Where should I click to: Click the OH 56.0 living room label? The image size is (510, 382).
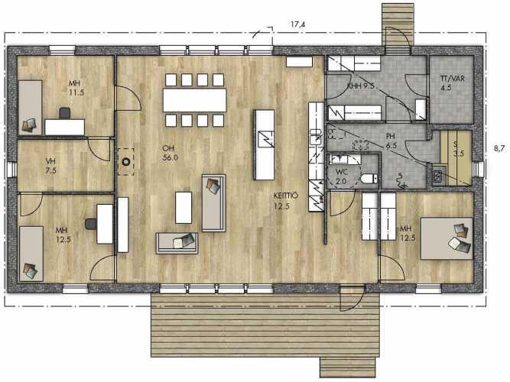(170, 153)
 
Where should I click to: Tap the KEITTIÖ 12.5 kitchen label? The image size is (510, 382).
(281, 201)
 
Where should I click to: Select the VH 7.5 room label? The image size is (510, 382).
(51, 166)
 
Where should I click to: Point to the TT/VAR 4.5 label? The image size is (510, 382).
(452, 83)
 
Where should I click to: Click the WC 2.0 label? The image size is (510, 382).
(341, 176)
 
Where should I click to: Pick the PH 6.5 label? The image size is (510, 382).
(391, 141)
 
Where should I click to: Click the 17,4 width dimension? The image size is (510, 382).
(298, 24)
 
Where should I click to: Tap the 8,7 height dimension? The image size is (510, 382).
(499, 148)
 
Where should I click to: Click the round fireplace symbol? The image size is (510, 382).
(126, 161)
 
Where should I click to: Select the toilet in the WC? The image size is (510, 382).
(369, 179)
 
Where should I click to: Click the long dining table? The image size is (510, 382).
(195, 100)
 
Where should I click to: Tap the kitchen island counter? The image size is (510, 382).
(264, 144)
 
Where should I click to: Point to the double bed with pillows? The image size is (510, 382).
(447, 238)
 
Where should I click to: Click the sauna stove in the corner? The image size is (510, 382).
(439, 176)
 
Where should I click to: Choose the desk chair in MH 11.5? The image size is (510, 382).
(65, 113)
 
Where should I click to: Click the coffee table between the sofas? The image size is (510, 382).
(184, 207)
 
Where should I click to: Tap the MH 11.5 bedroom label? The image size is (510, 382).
(76, 88)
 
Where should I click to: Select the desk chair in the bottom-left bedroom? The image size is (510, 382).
(91, 224)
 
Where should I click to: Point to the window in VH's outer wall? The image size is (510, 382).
(12, 169)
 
